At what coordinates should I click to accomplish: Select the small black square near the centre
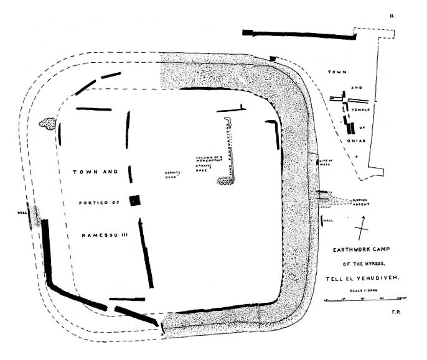pyautogui.click(x=134, y=200)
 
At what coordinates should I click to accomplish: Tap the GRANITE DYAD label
pyautogui.click(x=172, y=174)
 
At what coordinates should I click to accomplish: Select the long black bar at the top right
pyautogui.click(x=298, y=33)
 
